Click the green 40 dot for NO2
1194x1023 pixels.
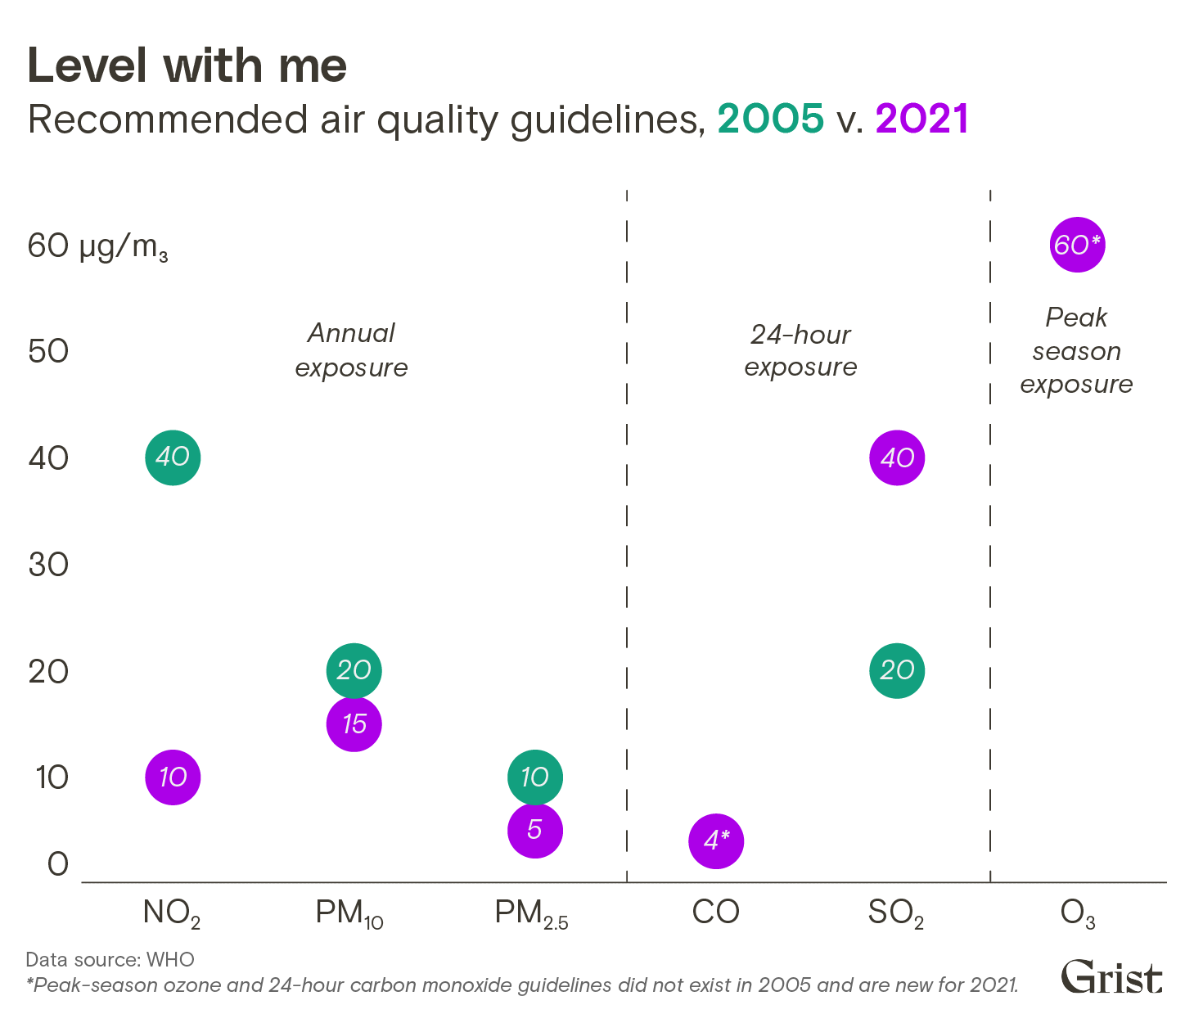(x=173, y=457)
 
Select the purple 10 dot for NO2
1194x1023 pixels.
(x=173, y=777)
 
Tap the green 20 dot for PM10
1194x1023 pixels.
(x=354, y=671)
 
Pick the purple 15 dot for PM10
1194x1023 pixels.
(x=354, y=723)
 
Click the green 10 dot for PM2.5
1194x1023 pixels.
(x=535, y=777)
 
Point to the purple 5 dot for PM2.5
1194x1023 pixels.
(x=535, y=830)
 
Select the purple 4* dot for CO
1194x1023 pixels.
(x=716, y=840)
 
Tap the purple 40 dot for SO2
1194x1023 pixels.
(x=897, y=457)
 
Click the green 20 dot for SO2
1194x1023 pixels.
(x=897, y=671)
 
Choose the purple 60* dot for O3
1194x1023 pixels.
(x=1077, y=245)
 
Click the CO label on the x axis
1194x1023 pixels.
(x=715, y=913)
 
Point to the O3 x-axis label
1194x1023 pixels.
(x=1077, y=914)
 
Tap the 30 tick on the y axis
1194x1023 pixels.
(x=48, y=565)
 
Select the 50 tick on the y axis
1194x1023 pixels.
(x=48, y=351)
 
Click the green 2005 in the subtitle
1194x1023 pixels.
(x=770, y=119)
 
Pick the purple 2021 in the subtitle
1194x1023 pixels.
(x=921, y=119)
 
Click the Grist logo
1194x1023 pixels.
(x=1111, y=977)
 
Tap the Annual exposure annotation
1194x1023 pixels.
(x=351, y=350)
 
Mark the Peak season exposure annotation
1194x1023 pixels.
(x=1076, y=351)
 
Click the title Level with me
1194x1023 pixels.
(x=187, y=66)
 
